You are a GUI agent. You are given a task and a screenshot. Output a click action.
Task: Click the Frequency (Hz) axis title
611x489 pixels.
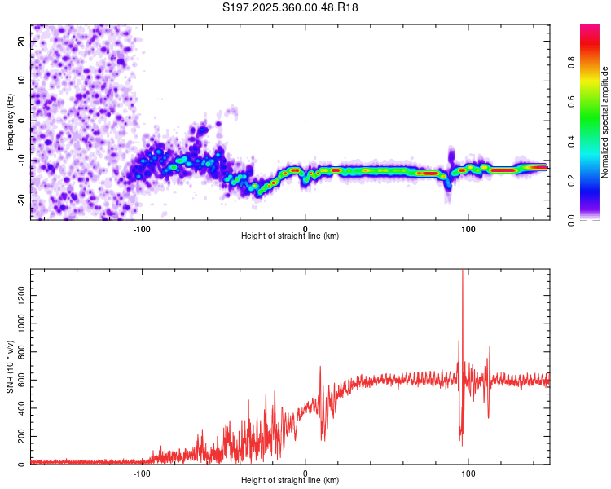(x=10, y=122)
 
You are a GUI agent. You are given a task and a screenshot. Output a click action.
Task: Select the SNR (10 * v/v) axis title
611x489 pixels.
(x=10, y=367)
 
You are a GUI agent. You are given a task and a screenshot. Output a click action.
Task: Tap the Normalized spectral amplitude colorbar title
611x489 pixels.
(x=605, y=122)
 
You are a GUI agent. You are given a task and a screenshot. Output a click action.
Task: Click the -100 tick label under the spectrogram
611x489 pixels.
(x=142, y=228)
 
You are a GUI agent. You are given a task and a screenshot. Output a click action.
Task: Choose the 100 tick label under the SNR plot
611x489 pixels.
(x=468, y=474)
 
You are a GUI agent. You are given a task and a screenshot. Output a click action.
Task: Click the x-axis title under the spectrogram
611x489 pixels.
(x=290, y=236)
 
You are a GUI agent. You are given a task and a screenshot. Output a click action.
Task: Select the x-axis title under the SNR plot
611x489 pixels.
(x=290, y=482)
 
